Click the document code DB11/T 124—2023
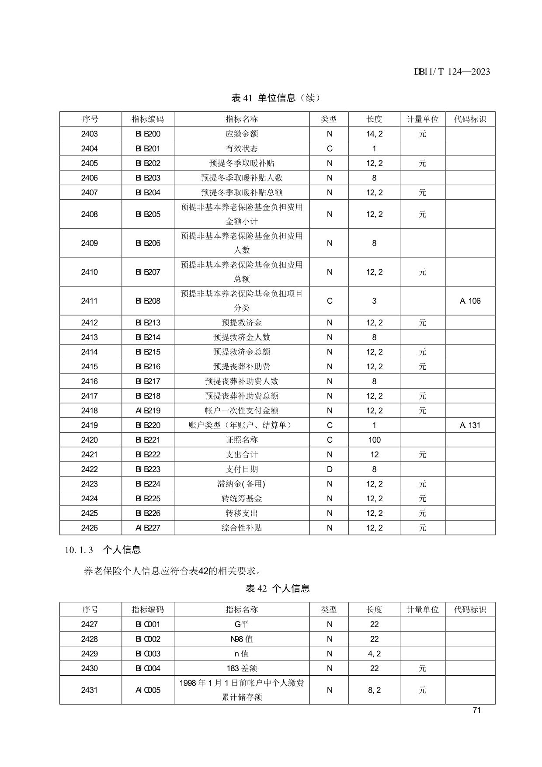tap(452, 72)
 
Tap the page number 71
tap(476, 710)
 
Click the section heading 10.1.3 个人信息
tap(103, 550)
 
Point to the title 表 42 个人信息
tap(278, 588)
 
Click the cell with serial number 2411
tap(90, 301)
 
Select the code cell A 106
tap(470, 301)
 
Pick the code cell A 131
tap(470, 425)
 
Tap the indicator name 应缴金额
tap(242, 134)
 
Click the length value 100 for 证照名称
tap(374, 440)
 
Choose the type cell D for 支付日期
tap(330, 469)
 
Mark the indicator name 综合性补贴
tap(242, 528)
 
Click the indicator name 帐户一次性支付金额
tap(242, 410)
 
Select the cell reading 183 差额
tap(242, 668)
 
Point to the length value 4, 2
tap(374, 653)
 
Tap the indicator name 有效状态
tap(242, 149)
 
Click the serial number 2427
tap(90, 624)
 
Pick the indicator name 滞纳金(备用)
tap(242, 484)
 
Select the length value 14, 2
tap(374, 134)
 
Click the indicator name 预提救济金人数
tap(242, 337)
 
